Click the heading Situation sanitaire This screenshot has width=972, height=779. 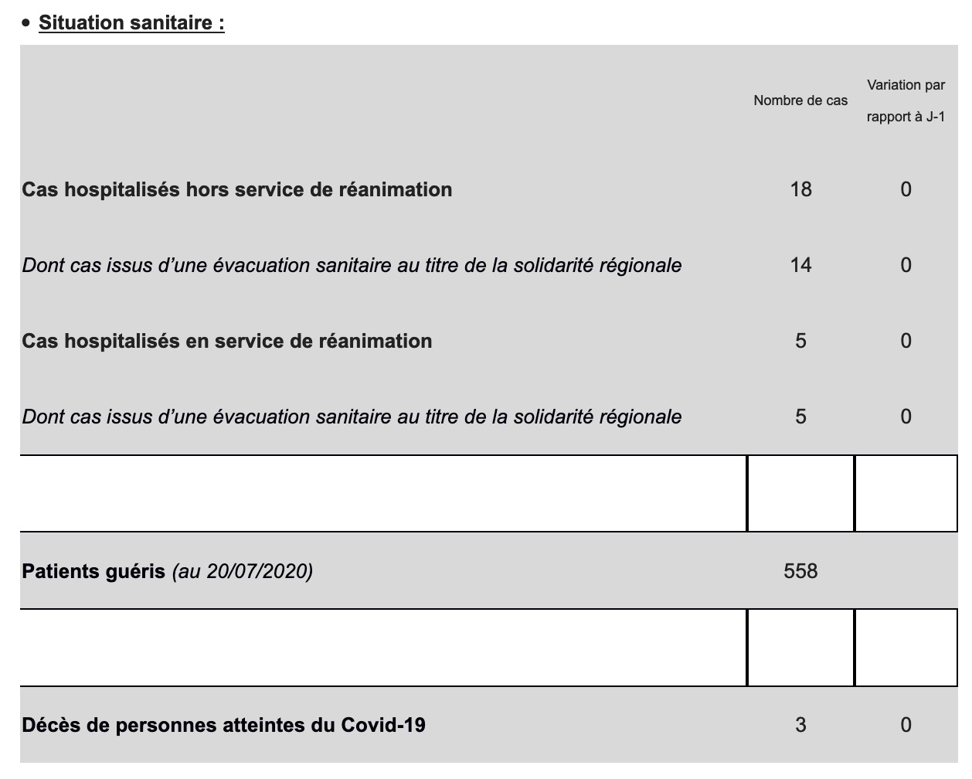coord(131,22)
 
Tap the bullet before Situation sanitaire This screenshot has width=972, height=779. coord(26,23)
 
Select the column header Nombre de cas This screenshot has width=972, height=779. coord(800,100)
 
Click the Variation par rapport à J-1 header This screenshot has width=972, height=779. coord(906,100)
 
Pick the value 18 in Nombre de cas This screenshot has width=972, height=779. coord(800,189)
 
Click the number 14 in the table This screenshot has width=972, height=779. coord(800,265)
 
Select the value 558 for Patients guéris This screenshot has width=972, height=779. coord(800,571)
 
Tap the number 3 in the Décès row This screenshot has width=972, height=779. coord(800,725)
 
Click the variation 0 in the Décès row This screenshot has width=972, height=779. coord(906,725)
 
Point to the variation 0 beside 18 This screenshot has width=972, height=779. coord(906,189)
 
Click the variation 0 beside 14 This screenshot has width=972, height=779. coord(906,265)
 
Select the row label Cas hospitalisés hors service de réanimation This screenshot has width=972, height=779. coord(236,189)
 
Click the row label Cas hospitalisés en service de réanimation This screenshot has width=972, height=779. coord(226,341)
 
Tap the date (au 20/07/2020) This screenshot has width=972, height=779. coord(242,571)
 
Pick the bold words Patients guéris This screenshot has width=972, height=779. coord(93,571)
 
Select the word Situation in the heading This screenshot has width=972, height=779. coord(81,22)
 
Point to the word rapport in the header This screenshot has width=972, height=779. coord(889,117)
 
